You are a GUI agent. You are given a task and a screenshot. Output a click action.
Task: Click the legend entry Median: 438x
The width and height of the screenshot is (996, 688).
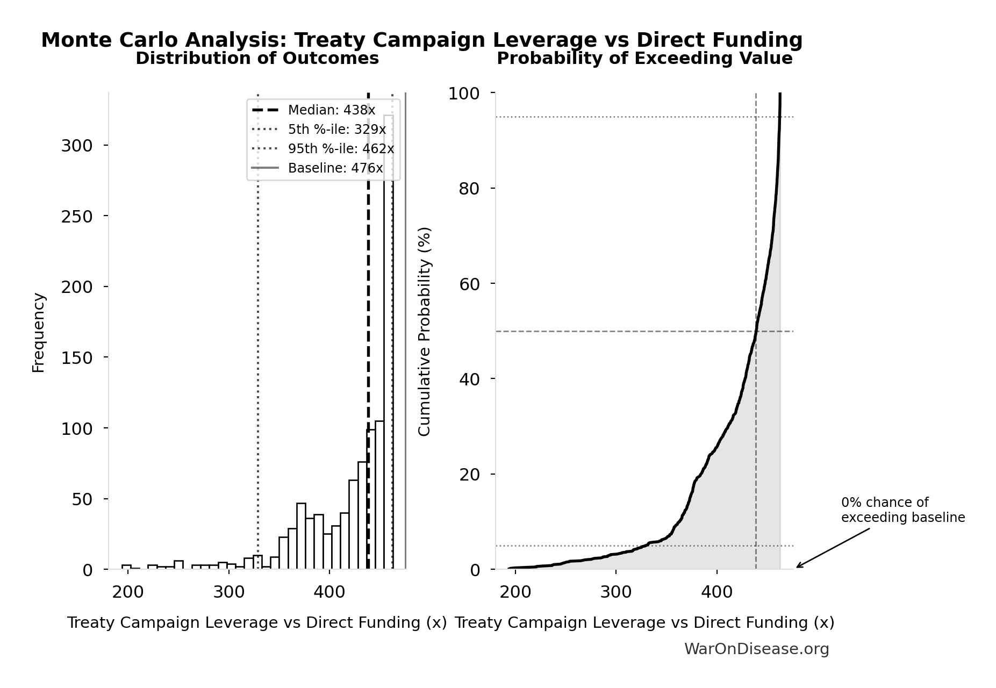[x=331, y=110]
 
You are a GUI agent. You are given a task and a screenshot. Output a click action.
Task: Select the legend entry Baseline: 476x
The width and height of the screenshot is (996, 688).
[x=335, y=168]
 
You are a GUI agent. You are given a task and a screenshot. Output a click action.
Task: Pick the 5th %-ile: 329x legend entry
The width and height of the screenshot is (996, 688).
[x=336, y=130]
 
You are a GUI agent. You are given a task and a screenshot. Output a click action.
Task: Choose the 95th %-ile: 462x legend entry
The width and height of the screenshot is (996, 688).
[x=341, y=149]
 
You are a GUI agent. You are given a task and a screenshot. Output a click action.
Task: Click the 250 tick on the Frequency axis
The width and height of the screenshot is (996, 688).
[x=77, y=216]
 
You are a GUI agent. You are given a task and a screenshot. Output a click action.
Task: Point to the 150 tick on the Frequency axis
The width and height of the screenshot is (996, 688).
[x=77, y=358]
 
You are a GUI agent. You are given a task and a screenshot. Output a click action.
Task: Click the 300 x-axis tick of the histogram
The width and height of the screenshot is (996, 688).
[x=228, y=592]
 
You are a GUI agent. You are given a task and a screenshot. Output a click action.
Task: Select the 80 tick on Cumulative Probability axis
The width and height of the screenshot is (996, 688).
[x=469, y=189]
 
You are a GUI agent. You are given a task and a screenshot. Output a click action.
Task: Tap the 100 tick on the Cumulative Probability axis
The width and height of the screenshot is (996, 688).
[x=464, y=94]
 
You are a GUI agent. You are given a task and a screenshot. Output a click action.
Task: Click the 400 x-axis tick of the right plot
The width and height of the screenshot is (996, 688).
[x=716, y=592]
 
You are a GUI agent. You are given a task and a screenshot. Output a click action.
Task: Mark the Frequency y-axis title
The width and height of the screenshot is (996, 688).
[x=39, y=332]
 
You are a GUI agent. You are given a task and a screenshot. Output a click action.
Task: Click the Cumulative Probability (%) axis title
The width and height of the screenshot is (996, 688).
[x=425, y=331]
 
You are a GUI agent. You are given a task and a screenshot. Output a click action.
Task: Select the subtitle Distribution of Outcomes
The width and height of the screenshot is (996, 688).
[x=257, y=59]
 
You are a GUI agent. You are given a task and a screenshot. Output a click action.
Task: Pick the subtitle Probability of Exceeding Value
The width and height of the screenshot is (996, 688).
[x=644, y=59]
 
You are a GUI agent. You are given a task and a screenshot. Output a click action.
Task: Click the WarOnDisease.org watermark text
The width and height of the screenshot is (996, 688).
[x=756, y=649]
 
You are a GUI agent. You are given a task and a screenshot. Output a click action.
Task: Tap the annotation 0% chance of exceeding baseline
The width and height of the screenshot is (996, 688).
[x=902, y=510]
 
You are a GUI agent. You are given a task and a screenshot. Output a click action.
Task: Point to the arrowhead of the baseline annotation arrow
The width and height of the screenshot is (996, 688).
[x=798, y=567]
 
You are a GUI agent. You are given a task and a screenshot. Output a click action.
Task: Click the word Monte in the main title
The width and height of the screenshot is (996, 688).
[x=73, y=40]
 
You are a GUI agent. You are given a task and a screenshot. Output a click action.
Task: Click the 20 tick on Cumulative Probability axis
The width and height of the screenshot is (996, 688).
[x=469, y=474]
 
